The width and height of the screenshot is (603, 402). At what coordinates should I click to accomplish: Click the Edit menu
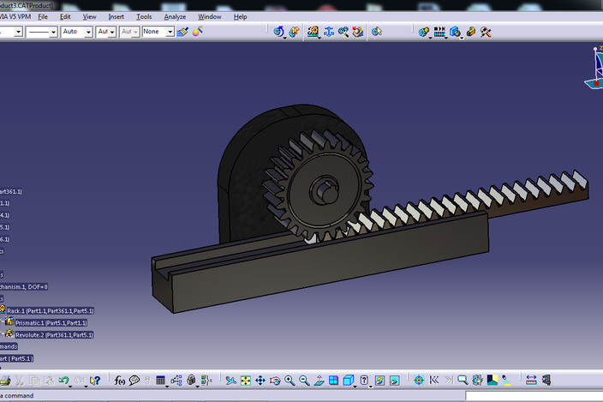(x=65, y=16)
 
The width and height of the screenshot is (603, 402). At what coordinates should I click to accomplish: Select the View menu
(x=89, y=16)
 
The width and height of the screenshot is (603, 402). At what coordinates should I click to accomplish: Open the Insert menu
(x=116, y=16)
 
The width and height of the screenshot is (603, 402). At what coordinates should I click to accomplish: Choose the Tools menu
(x=144, y=16)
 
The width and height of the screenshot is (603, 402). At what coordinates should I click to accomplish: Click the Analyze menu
(x=175, y=16)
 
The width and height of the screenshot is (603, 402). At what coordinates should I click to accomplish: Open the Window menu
(x=209, y=16)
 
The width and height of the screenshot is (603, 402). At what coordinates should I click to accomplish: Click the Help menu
(x=240, y=16)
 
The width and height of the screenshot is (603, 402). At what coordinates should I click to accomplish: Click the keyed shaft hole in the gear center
(x=325, y=189)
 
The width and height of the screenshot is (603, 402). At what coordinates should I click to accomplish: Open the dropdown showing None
(x=158, y=32)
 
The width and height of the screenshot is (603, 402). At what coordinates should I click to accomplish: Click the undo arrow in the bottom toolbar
(x=63, y=380)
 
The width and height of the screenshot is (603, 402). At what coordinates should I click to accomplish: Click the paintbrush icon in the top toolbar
(x=182, y=32)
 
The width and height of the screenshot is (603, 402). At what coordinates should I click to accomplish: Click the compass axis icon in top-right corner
(x=594, y=69)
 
